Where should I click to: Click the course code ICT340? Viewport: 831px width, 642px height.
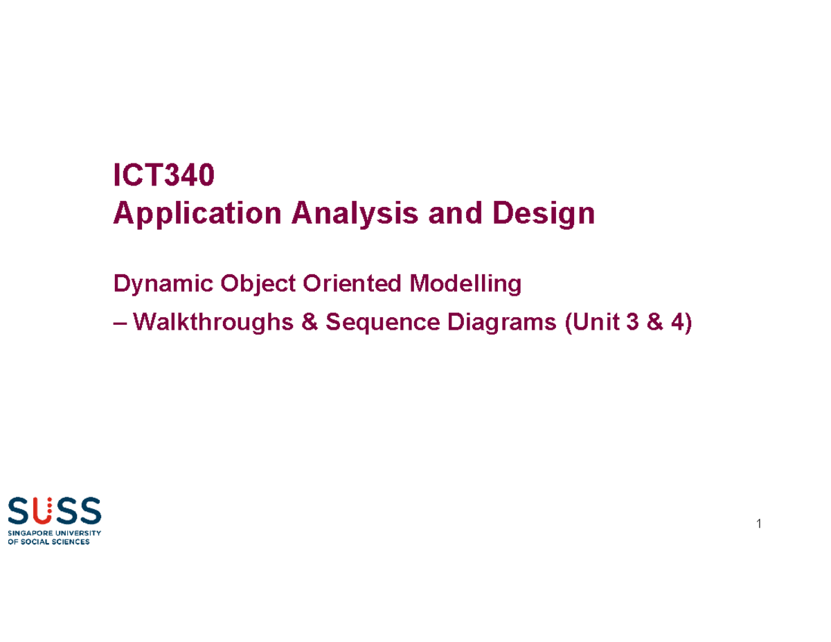163,177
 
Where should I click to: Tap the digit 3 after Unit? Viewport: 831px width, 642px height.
631,322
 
